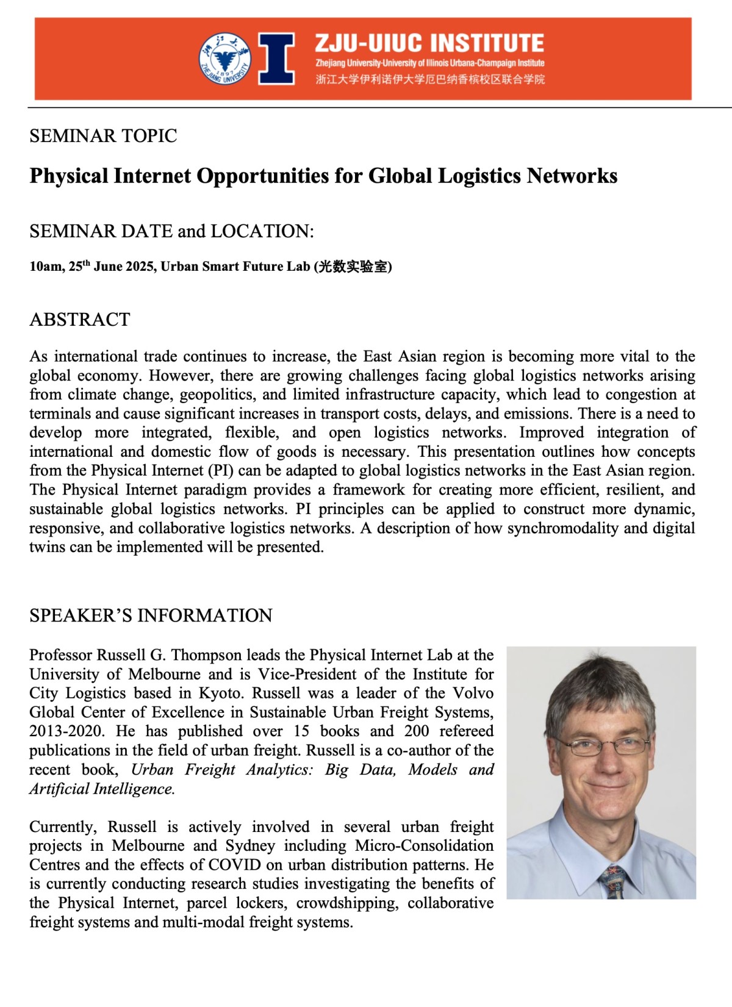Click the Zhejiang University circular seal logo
pos(224,59)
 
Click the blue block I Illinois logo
pos(277,59)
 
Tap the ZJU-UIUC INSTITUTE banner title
pos(429,43)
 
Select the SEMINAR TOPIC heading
pos(103,135)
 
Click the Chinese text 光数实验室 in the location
pos(353,267)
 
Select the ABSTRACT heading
pos(80,320)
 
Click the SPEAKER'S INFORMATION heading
pos(151,615)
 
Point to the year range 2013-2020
pos(66,731)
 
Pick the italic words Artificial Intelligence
pos(102,789)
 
